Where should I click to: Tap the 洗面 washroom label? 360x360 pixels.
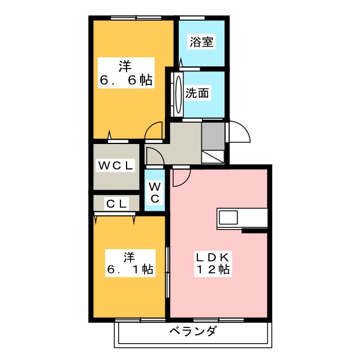[x=197, y=93]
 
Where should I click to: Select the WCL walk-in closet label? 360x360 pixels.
[x=116, y=166]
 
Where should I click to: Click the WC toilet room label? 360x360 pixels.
[x=155, y=191]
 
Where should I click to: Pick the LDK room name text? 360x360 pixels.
[x=212, y=257]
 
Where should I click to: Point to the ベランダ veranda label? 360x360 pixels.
[x=192, y=331]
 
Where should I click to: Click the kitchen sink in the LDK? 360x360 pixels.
[x=229, y=217]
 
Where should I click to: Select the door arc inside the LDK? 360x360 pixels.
[x=181, y=178]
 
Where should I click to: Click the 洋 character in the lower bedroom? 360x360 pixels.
[x=129, y=256]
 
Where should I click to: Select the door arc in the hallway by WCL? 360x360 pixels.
[x=155, y=155]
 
